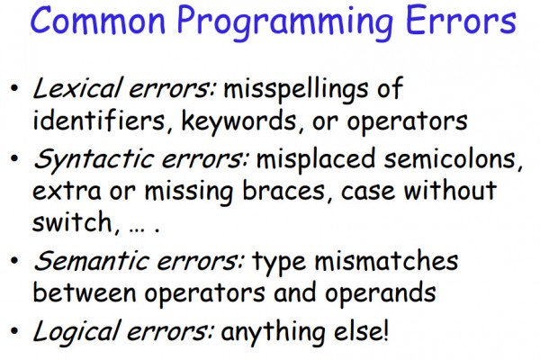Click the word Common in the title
click(98, 20)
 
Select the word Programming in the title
click(285, 23)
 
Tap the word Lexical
click(77, 88)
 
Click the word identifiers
click(99, 121)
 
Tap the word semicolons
click(454, 159)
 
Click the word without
click(450, 190)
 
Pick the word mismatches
click(386, 261)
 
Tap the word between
click(85, 292)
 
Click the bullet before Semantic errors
click(14, 260)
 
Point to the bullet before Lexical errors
click(14, 88)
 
